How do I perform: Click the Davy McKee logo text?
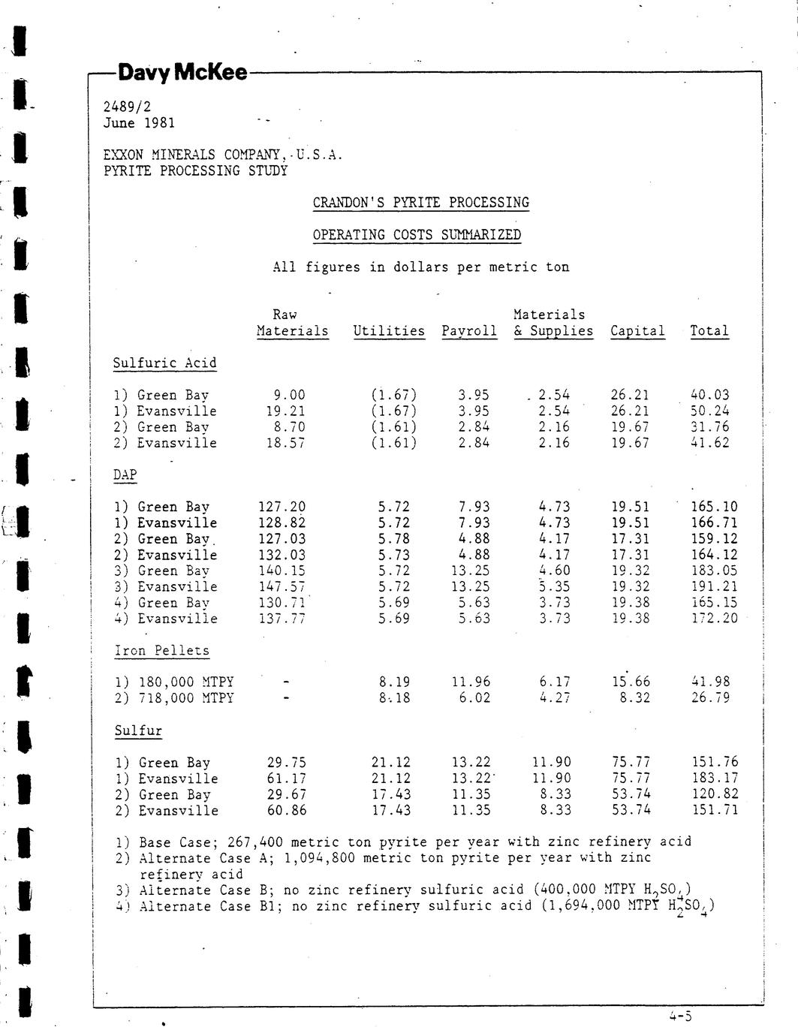coord(182,73)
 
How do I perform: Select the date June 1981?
coord(139,123)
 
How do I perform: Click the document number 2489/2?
coord(127,107)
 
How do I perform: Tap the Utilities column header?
coord(389,331)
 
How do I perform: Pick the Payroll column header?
coord(469,331)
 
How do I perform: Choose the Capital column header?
coord(637,331)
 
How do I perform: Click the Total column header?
coord(709,331)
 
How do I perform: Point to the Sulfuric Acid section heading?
coord(164,363)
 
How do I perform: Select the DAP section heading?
coord(125,475)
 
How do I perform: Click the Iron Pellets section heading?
coord(161,651)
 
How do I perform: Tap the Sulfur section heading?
coord(138,730)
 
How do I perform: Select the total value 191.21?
coord(714,586)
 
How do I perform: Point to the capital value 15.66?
coord(631,682)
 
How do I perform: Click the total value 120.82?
coord(715,794)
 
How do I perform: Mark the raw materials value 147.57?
coord(282,586)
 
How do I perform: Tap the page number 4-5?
coord(680,1016)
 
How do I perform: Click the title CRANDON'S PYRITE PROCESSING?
coord(420,203)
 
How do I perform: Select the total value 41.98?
coord(709,682)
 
